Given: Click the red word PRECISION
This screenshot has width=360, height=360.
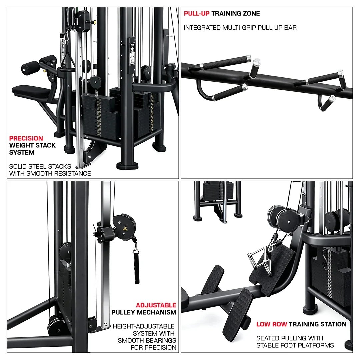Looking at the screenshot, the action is pyautogui.click(x=26, y=138).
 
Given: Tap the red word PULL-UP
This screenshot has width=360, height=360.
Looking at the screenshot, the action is pyautogui.click(x=197, y=14).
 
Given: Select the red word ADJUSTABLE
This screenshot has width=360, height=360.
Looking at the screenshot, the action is pyautogui.click(x=156, y=305).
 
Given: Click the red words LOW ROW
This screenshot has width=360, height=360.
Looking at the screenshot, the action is pyautogui.click(x=272, y=324).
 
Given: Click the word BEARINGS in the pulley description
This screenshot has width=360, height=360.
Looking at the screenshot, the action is pyautogui.click(x=161, y=340).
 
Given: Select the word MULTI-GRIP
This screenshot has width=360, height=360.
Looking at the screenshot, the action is pyautogui.click(x=239, y=28).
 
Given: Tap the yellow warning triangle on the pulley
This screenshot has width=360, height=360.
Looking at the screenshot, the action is pyautogui.click(x=125, y=228).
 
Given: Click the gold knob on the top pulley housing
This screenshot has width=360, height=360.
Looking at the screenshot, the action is pyautogui.click(x=93, y=22).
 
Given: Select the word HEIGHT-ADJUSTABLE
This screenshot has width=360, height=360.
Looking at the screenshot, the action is pyautogui.click(x=144, y=326).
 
